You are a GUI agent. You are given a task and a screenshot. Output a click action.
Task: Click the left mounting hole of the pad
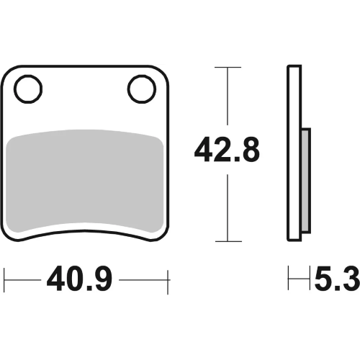click(28, 89)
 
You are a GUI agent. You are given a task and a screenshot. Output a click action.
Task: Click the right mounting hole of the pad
click(142, 89)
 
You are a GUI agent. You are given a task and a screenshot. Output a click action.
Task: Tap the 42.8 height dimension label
click(227, 150)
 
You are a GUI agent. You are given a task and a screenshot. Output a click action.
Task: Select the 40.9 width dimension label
click(79, 279)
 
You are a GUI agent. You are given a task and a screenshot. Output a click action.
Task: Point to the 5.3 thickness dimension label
click(337, 279)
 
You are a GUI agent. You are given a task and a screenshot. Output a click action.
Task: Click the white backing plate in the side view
click(294, 153)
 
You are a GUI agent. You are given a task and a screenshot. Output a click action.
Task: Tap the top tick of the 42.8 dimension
click(228, 67)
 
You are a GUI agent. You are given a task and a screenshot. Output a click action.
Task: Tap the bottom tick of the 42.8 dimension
click(228, 241)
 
